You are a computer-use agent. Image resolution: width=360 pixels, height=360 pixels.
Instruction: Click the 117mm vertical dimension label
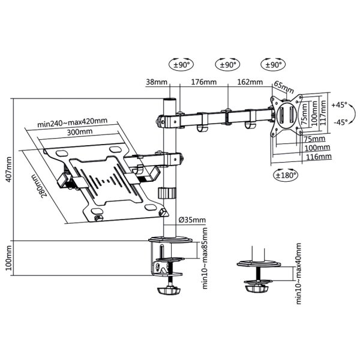324,110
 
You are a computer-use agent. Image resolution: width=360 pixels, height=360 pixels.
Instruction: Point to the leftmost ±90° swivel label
180,64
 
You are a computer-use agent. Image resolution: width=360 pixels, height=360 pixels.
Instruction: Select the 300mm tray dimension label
79,132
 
